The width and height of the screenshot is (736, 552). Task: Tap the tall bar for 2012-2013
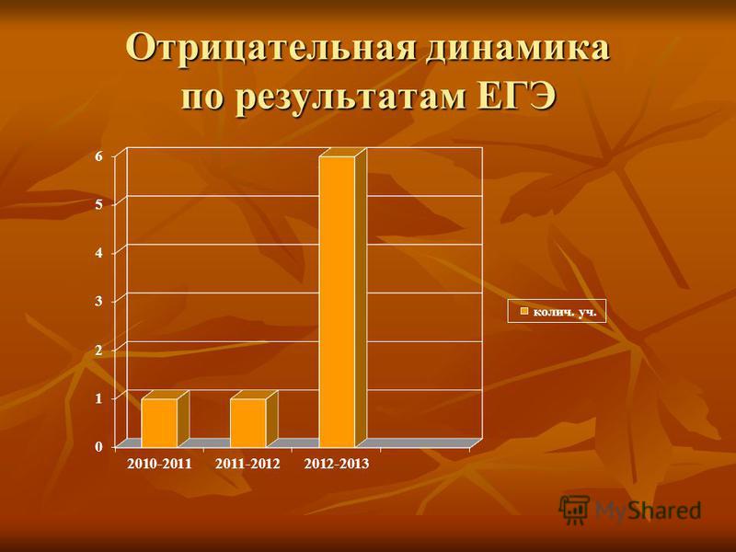[x=342, y=297]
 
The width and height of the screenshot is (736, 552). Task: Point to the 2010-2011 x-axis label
[x=159, y=465]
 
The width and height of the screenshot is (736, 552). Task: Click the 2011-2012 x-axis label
[x=247, y=465]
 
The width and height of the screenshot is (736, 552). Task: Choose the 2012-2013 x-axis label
[x=337, y=465]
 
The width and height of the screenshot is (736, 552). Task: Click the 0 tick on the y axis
[x=98, y=447]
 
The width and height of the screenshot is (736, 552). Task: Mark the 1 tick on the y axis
[x=98, y=398]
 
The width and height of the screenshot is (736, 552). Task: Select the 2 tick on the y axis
[x=98, y=350]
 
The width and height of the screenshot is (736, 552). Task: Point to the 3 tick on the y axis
[x=98, y=302]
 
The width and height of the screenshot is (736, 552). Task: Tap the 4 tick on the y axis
[x=98, y=253]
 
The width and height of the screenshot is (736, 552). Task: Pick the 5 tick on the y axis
[x=98, y=204]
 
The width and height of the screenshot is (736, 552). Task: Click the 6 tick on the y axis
[x=98, y=156]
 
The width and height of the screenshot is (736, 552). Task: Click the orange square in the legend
[x=524, y=311]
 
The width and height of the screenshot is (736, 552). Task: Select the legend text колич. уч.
[x=565, y=311]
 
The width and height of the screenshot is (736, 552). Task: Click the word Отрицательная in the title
[x=270, y=48]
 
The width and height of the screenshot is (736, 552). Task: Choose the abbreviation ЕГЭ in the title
[x=515, y=96]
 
